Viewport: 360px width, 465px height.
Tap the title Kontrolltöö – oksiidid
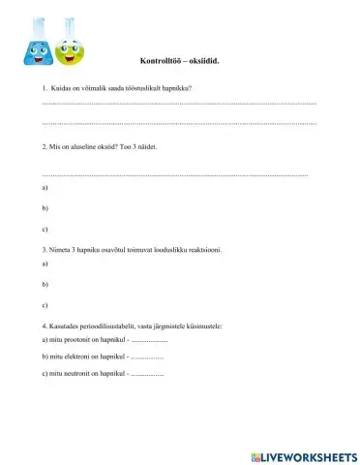[x=179, y=60]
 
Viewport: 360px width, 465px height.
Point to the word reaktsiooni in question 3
[x=207, y=247]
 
